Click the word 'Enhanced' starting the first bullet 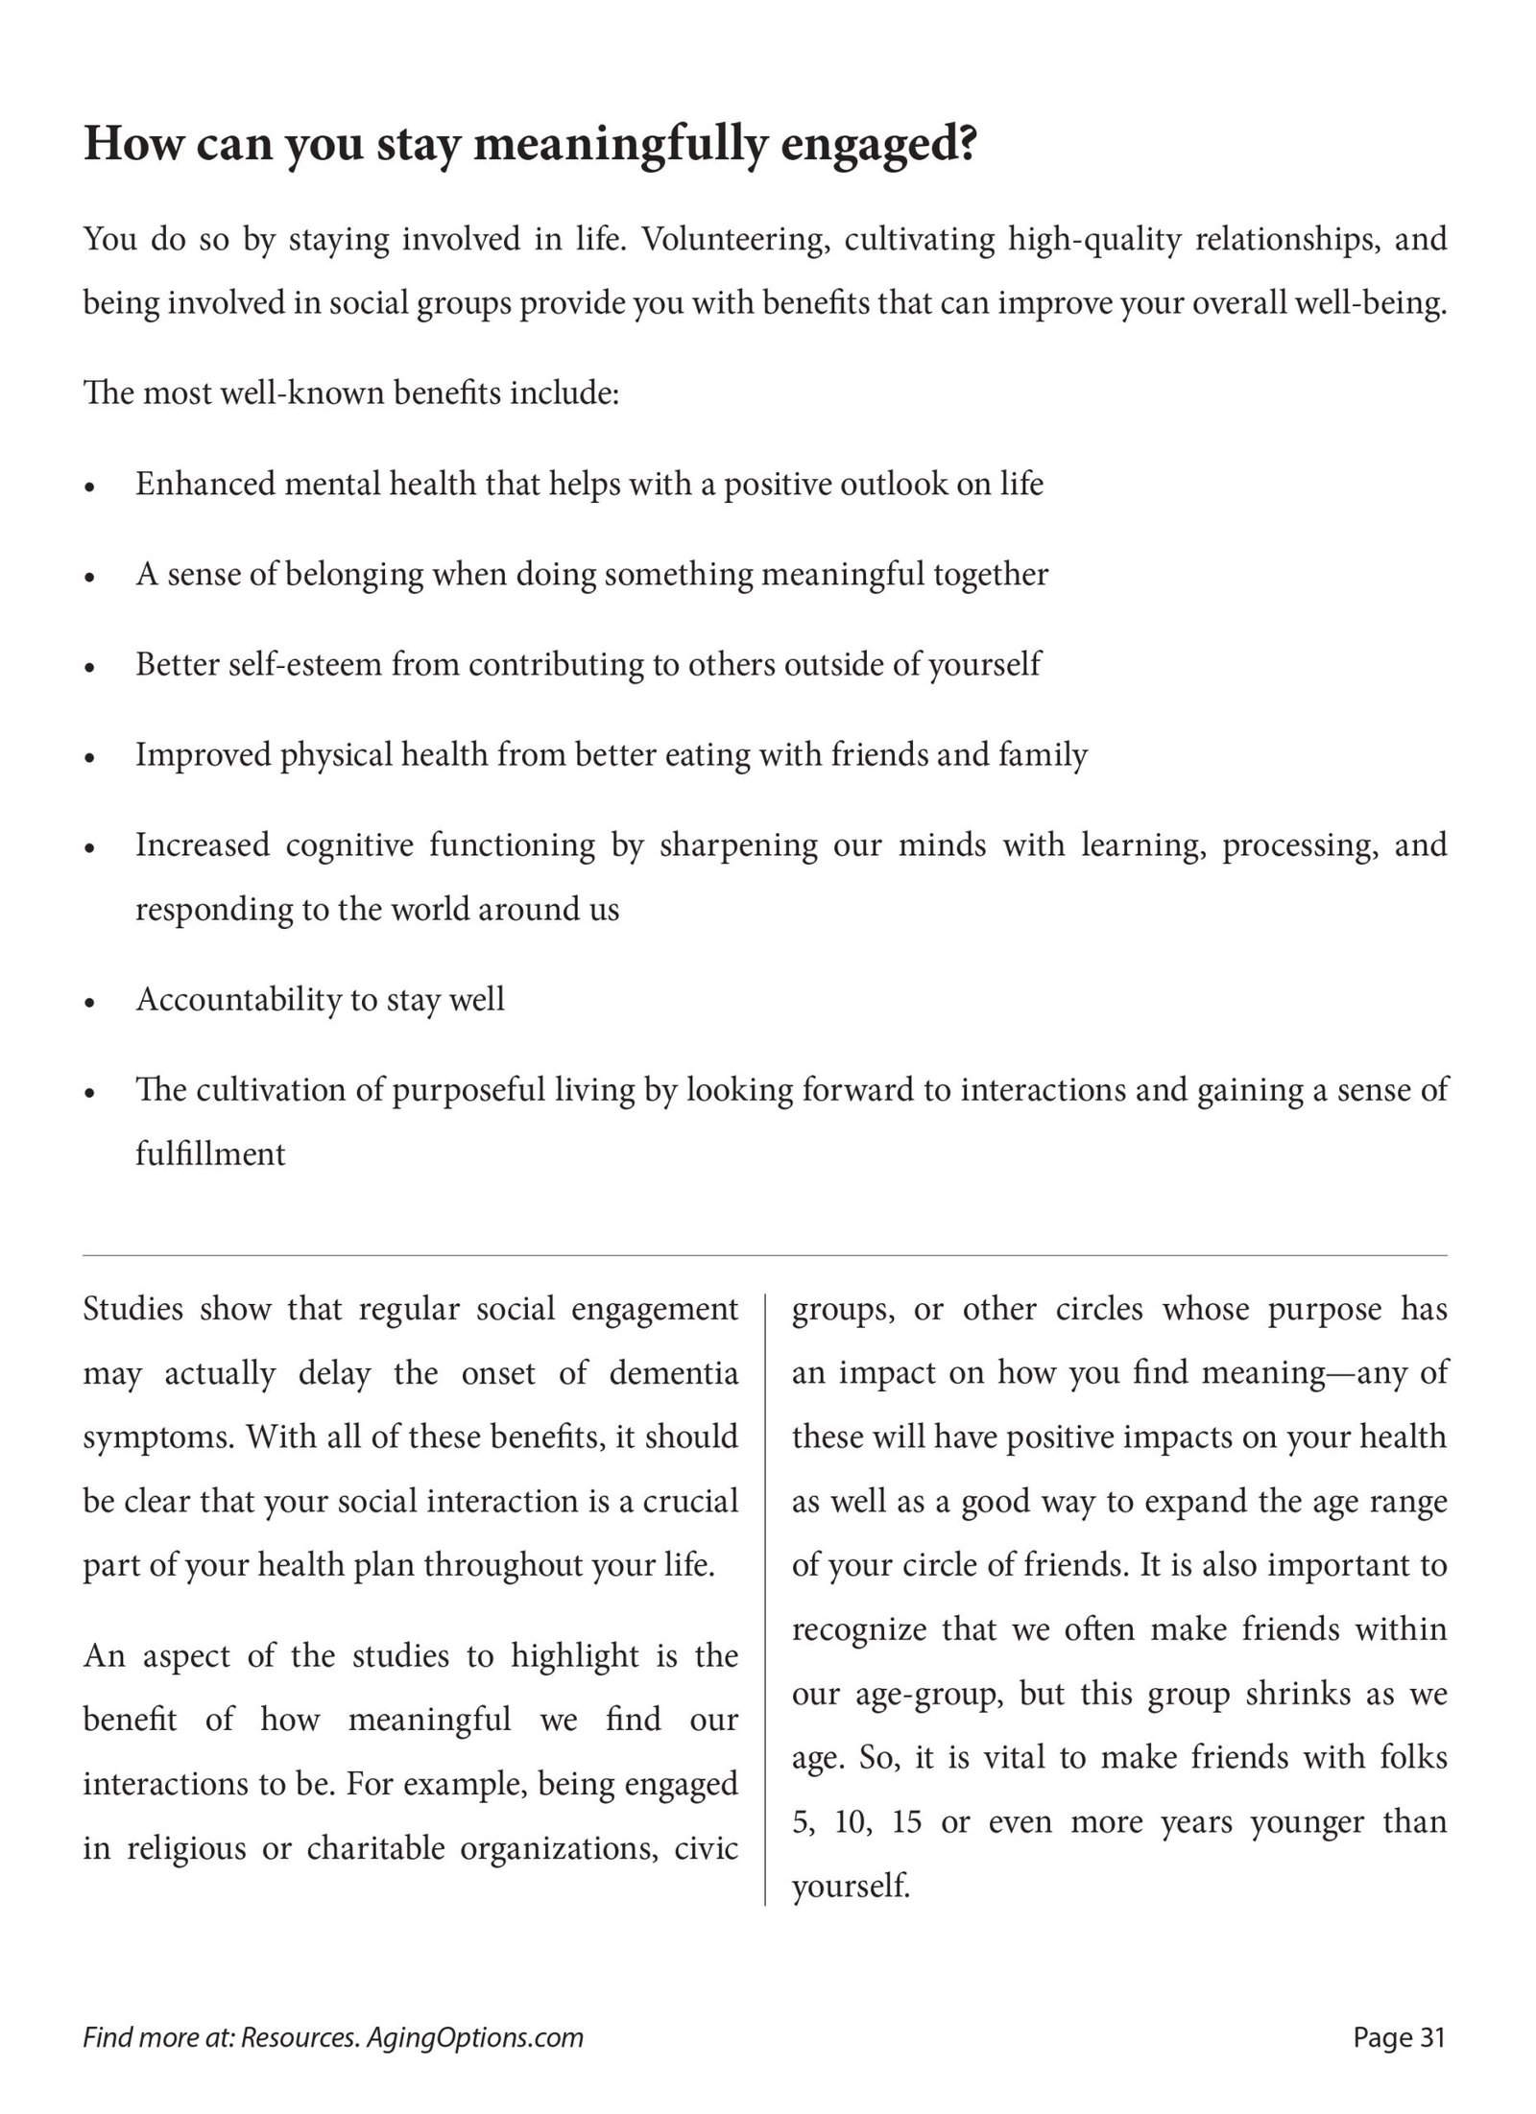click(x=204, y=484)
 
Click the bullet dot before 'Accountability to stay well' click(x=90, y=1003)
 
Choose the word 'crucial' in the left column click(x=690, y=1502)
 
